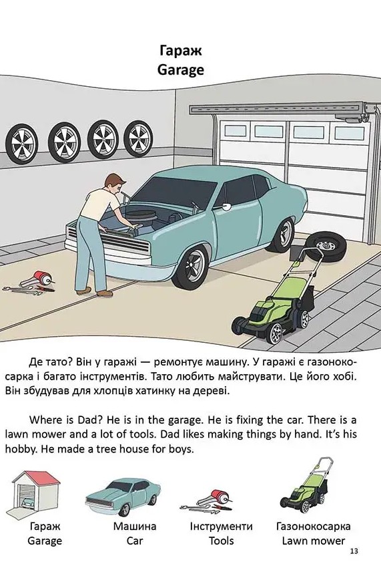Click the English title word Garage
coord(181,69)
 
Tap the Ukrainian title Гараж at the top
coord(181,50)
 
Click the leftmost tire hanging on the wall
coord(22,144)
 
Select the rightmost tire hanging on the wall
coord(138,138)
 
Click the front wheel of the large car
coord(190,267)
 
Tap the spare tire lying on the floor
coord(325,245)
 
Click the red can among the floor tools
coord(43,278)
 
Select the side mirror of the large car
coord(226,206)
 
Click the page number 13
coord(354,551)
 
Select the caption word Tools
coord(221,541)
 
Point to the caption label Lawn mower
coord(313,541)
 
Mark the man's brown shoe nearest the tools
coord(83,291)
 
